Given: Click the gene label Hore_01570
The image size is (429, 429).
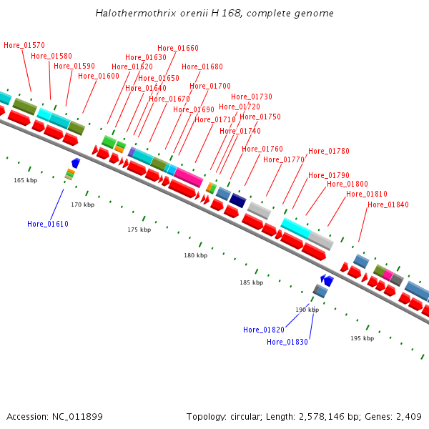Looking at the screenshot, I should click(x=24, y=45).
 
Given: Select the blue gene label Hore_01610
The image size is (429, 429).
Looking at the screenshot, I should click(x=48, y=224).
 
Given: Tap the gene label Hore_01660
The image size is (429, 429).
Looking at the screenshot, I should click(x=178, y=48).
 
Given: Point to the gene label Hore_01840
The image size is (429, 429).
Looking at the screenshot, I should click(x=388, y=204).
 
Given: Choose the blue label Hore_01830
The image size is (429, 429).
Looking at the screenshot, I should click(x=287, y=342).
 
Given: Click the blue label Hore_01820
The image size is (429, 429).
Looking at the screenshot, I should click(x=264, y=330).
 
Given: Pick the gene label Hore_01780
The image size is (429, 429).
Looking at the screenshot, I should click(x=329, y=151).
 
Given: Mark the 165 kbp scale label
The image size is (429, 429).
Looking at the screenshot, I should click(x=25, y=180).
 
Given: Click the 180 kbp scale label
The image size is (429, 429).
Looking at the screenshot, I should click(x=195, y=255).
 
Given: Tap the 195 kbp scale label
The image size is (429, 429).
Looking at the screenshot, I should click(x=362, y=338).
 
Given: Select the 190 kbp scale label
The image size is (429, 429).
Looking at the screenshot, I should click(x=307, y=310).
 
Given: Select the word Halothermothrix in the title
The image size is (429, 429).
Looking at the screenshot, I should click(x=129, y=14).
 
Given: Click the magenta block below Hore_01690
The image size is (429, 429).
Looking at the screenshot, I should click(x=189, y=177).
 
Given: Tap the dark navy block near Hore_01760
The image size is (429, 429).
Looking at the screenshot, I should click(x=238, y=199).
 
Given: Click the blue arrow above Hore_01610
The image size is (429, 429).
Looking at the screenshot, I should click(x=76, y=163).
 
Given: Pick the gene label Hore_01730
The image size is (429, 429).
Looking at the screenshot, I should click(x=252, y=97).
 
